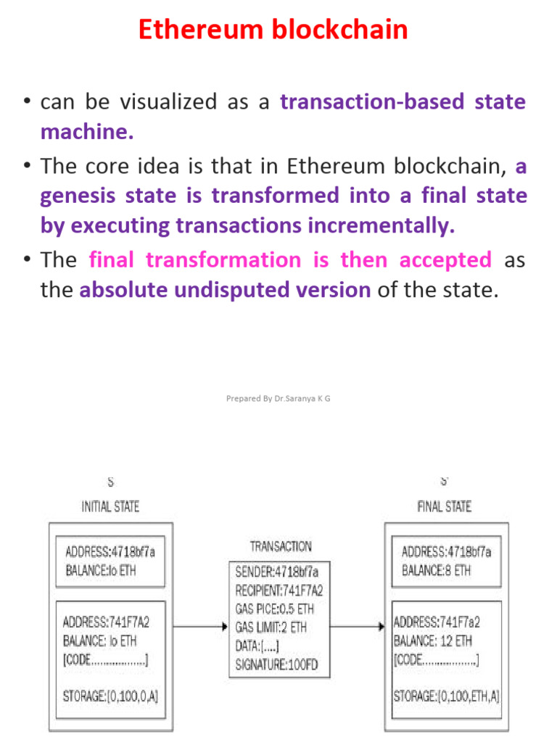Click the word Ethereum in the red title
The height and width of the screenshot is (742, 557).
[x=200, y=29]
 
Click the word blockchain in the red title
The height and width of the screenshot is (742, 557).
[x=339, y=29]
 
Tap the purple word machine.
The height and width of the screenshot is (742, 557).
[x=87, y=132]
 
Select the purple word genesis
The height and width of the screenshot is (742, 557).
[x=78, y=196]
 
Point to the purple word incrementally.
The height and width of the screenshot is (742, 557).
[x=381, y=226]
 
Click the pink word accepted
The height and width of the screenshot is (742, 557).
[x=445, y=261]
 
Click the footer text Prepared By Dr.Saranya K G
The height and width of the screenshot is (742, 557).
[x=278, y=399]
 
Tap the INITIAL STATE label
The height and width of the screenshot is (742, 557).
[x=110, y=507]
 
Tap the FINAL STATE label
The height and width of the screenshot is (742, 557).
[x=445, y=507]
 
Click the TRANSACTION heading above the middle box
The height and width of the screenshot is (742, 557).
[x=281, y=546]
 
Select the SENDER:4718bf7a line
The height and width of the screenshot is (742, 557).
[x=276, y=572]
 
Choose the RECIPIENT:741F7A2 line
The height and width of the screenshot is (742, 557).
[x=279, y=591]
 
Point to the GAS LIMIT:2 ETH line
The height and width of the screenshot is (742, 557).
[x=271, y=628]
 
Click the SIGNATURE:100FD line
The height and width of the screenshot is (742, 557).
[x=276, y=665]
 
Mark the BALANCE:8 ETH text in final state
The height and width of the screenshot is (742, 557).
[x=436, y=571]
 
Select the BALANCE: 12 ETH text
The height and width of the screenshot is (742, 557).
[x=433, y=641]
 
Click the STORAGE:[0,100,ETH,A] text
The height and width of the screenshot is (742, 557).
[x=447, y=696]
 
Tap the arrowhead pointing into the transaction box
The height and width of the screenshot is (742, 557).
[x=226, y=627]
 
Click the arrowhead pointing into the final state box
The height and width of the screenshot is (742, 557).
[x=381, y=627]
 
